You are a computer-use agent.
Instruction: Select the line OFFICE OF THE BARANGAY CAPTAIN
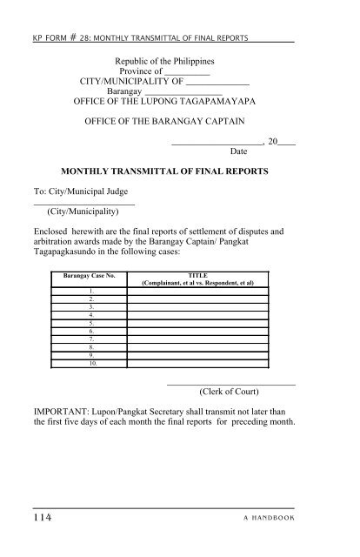(164, 118)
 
